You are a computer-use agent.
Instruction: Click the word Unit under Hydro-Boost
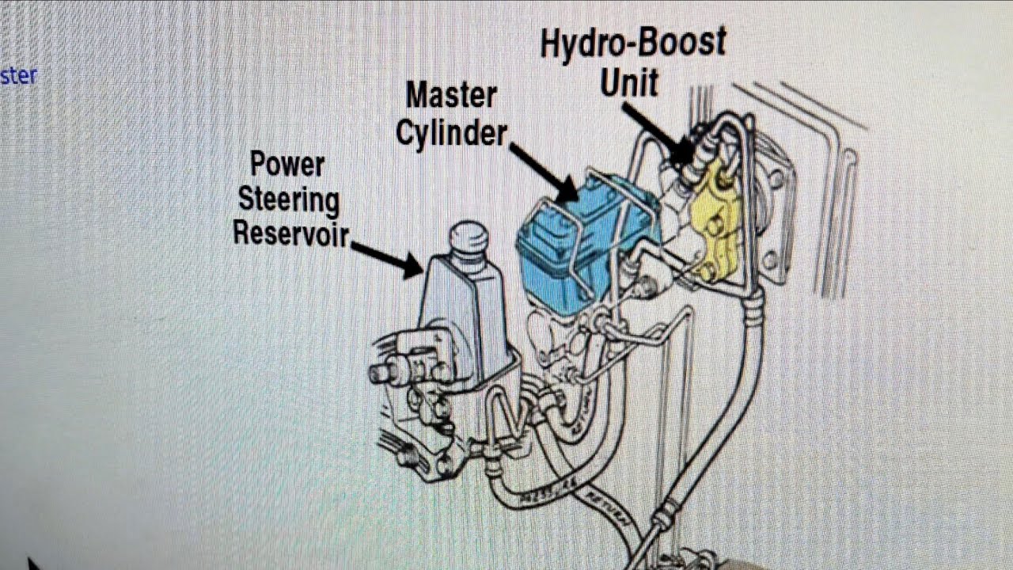coord(629,82)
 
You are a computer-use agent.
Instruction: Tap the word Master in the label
coord(451,96)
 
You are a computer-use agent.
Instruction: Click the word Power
coord(287,165)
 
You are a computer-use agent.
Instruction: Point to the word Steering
coord(289,199)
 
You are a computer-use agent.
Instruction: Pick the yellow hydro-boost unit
coord(716,218)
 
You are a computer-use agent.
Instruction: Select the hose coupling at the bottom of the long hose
coord(662,522)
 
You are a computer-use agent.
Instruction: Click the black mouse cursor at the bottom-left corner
coord(32,564)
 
